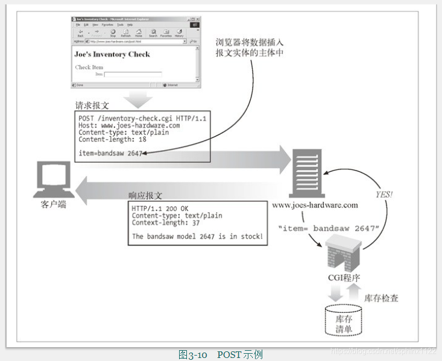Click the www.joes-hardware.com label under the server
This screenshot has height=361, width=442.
tap(315, 205)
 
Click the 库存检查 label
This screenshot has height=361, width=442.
tap(381, 298)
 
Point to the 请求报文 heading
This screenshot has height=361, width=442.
tap(92, 105)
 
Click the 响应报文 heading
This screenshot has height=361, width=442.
tap(145, 196)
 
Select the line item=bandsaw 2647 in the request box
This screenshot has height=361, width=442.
tap(110, 153)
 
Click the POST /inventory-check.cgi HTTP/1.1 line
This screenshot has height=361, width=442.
tap(142, 118)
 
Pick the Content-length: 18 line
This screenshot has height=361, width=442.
tap(112, 139)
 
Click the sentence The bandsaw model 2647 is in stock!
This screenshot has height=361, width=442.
tap(197, 236)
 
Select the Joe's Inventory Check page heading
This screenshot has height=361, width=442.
tap(112, 54)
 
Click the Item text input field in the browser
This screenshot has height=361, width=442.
tap(133, 75)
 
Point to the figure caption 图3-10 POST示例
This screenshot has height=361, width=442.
tap(220, 354)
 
